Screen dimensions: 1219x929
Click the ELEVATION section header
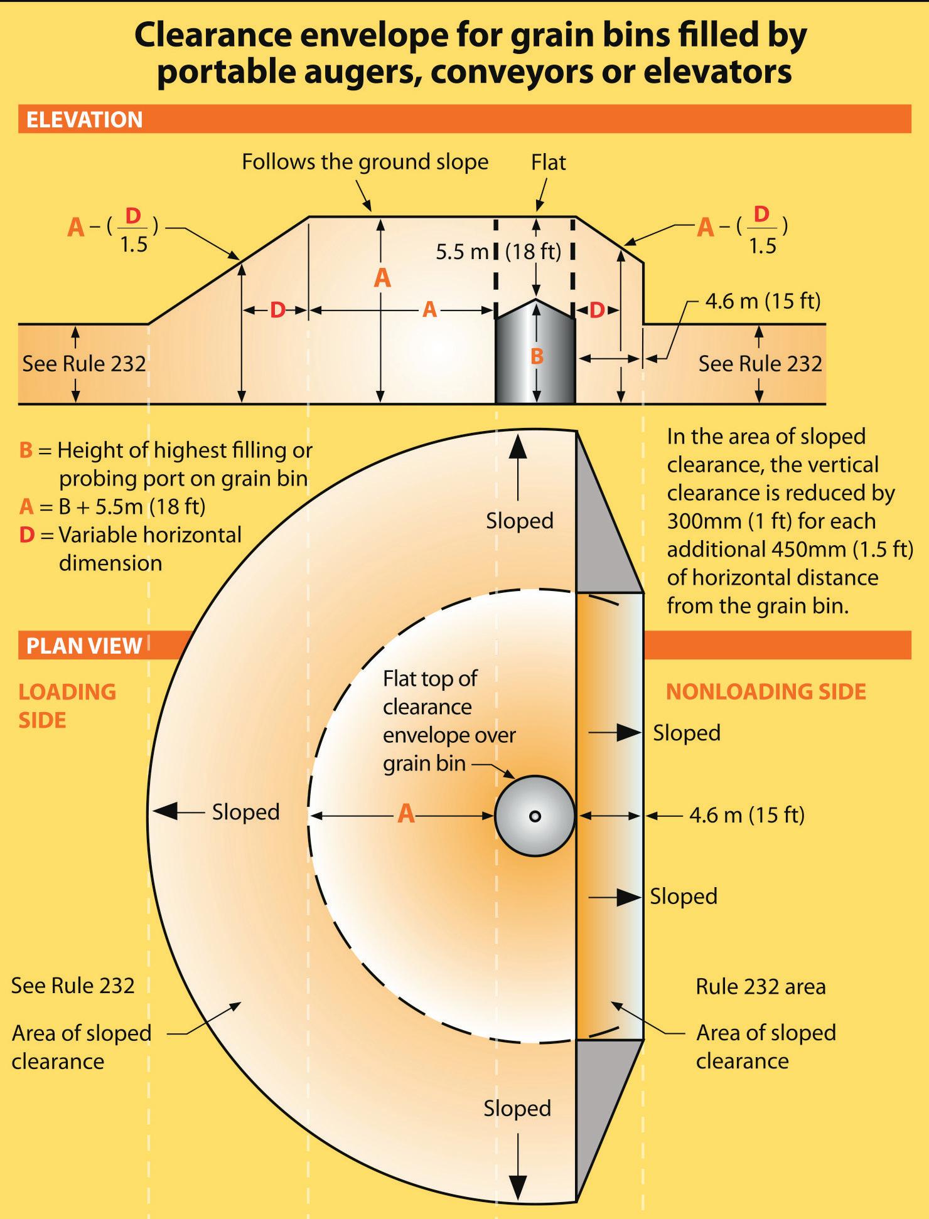(x=85, y=120)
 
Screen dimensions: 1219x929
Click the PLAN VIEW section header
(x=84, y=646)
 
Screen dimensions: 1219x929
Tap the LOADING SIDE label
(x=67, y=705)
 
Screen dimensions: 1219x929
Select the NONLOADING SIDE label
(x=766, y=691)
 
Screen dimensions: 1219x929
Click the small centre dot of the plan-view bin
(x=535, y=816)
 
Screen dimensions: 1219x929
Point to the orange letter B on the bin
(x=537, y=356)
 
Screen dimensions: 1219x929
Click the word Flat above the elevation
(x=548, y=162)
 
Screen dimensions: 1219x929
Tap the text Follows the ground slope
(x=365, y=162)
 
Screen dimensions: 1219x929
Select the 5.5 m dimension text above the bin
(x=462, y=252)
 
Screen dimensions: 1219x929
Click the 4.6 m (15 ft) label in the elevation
(x=763, y=301)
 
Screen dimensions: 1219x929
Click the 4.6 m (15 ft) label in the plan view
(x=746, y=815)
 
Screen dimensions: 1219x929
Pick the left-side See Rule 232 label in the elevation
(x=84, y=363)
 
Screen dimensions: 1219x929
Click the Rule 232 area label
(x=760, y=986)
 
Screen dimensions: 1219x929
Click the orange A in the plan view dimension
(x=407, y=814)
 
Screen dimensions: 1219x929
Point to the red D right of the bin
(x=597, y=310)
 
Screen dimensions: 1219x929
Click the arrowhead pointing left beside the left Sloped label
(x=165, y=812)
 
